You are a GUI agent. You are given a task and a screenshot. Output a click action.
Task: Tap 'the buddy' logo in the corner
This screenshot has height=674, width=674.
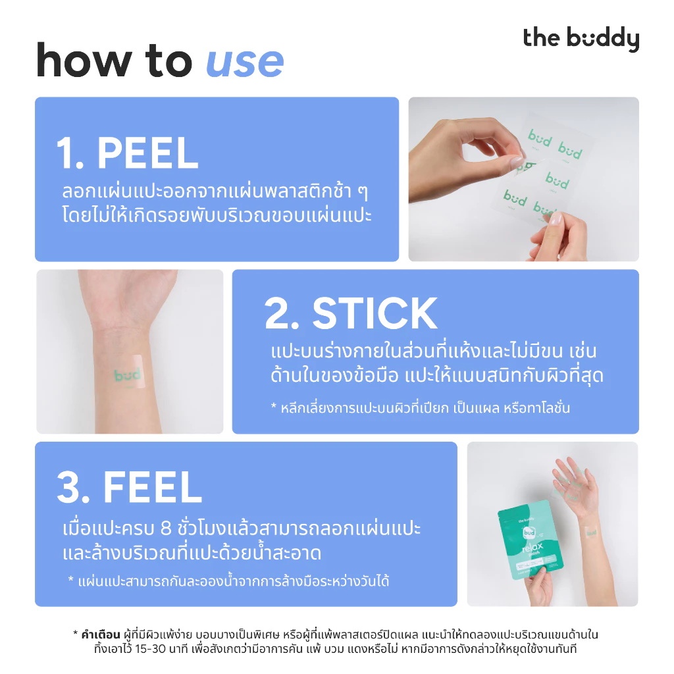(581, 39)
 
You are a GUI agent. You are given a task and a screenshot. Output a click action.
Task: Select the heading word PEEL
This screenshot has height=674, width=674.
(147, 153)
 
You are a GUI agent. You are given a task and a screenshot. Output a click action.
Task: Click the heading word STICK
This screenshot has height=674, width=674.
(375, 313)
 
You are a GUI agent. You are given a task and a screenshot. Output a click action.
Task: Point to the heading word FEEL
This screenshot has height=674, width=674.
(152, 487)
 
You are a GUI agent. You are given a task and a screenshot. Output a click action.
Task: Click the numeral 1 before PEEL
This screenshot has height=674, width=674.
(65, 153)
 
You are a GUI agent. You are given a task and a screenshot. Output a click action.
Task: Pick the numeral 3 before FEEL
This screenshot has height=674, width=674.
(68, 487)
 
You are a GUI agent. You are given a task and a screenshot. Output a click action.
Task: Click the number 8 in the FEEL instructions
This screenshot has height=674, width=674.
(166, 529)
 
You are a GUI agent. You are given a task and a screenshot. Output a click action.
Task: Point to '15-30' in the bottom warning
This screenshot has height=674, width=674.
(151, 648)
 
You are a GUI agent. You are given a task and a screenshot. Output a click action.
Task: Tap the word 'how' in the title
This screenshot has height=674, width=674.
(84, 60)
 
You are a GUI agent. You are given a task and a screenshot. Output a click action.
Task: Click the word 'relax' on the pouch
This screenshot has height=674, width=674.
(532, 548)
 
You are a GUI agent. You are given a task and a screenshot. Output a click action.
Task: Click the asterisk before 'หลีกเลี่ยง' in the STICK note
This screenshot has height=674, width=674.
(273, 405)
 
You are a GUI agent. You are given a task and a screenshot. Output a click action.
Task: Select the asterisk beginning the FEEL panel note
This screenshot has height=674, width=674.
(71, 579)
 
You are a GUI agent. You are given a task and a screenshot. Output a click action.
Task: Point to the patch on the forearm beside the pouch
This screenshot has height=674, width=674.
(591, 532)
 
